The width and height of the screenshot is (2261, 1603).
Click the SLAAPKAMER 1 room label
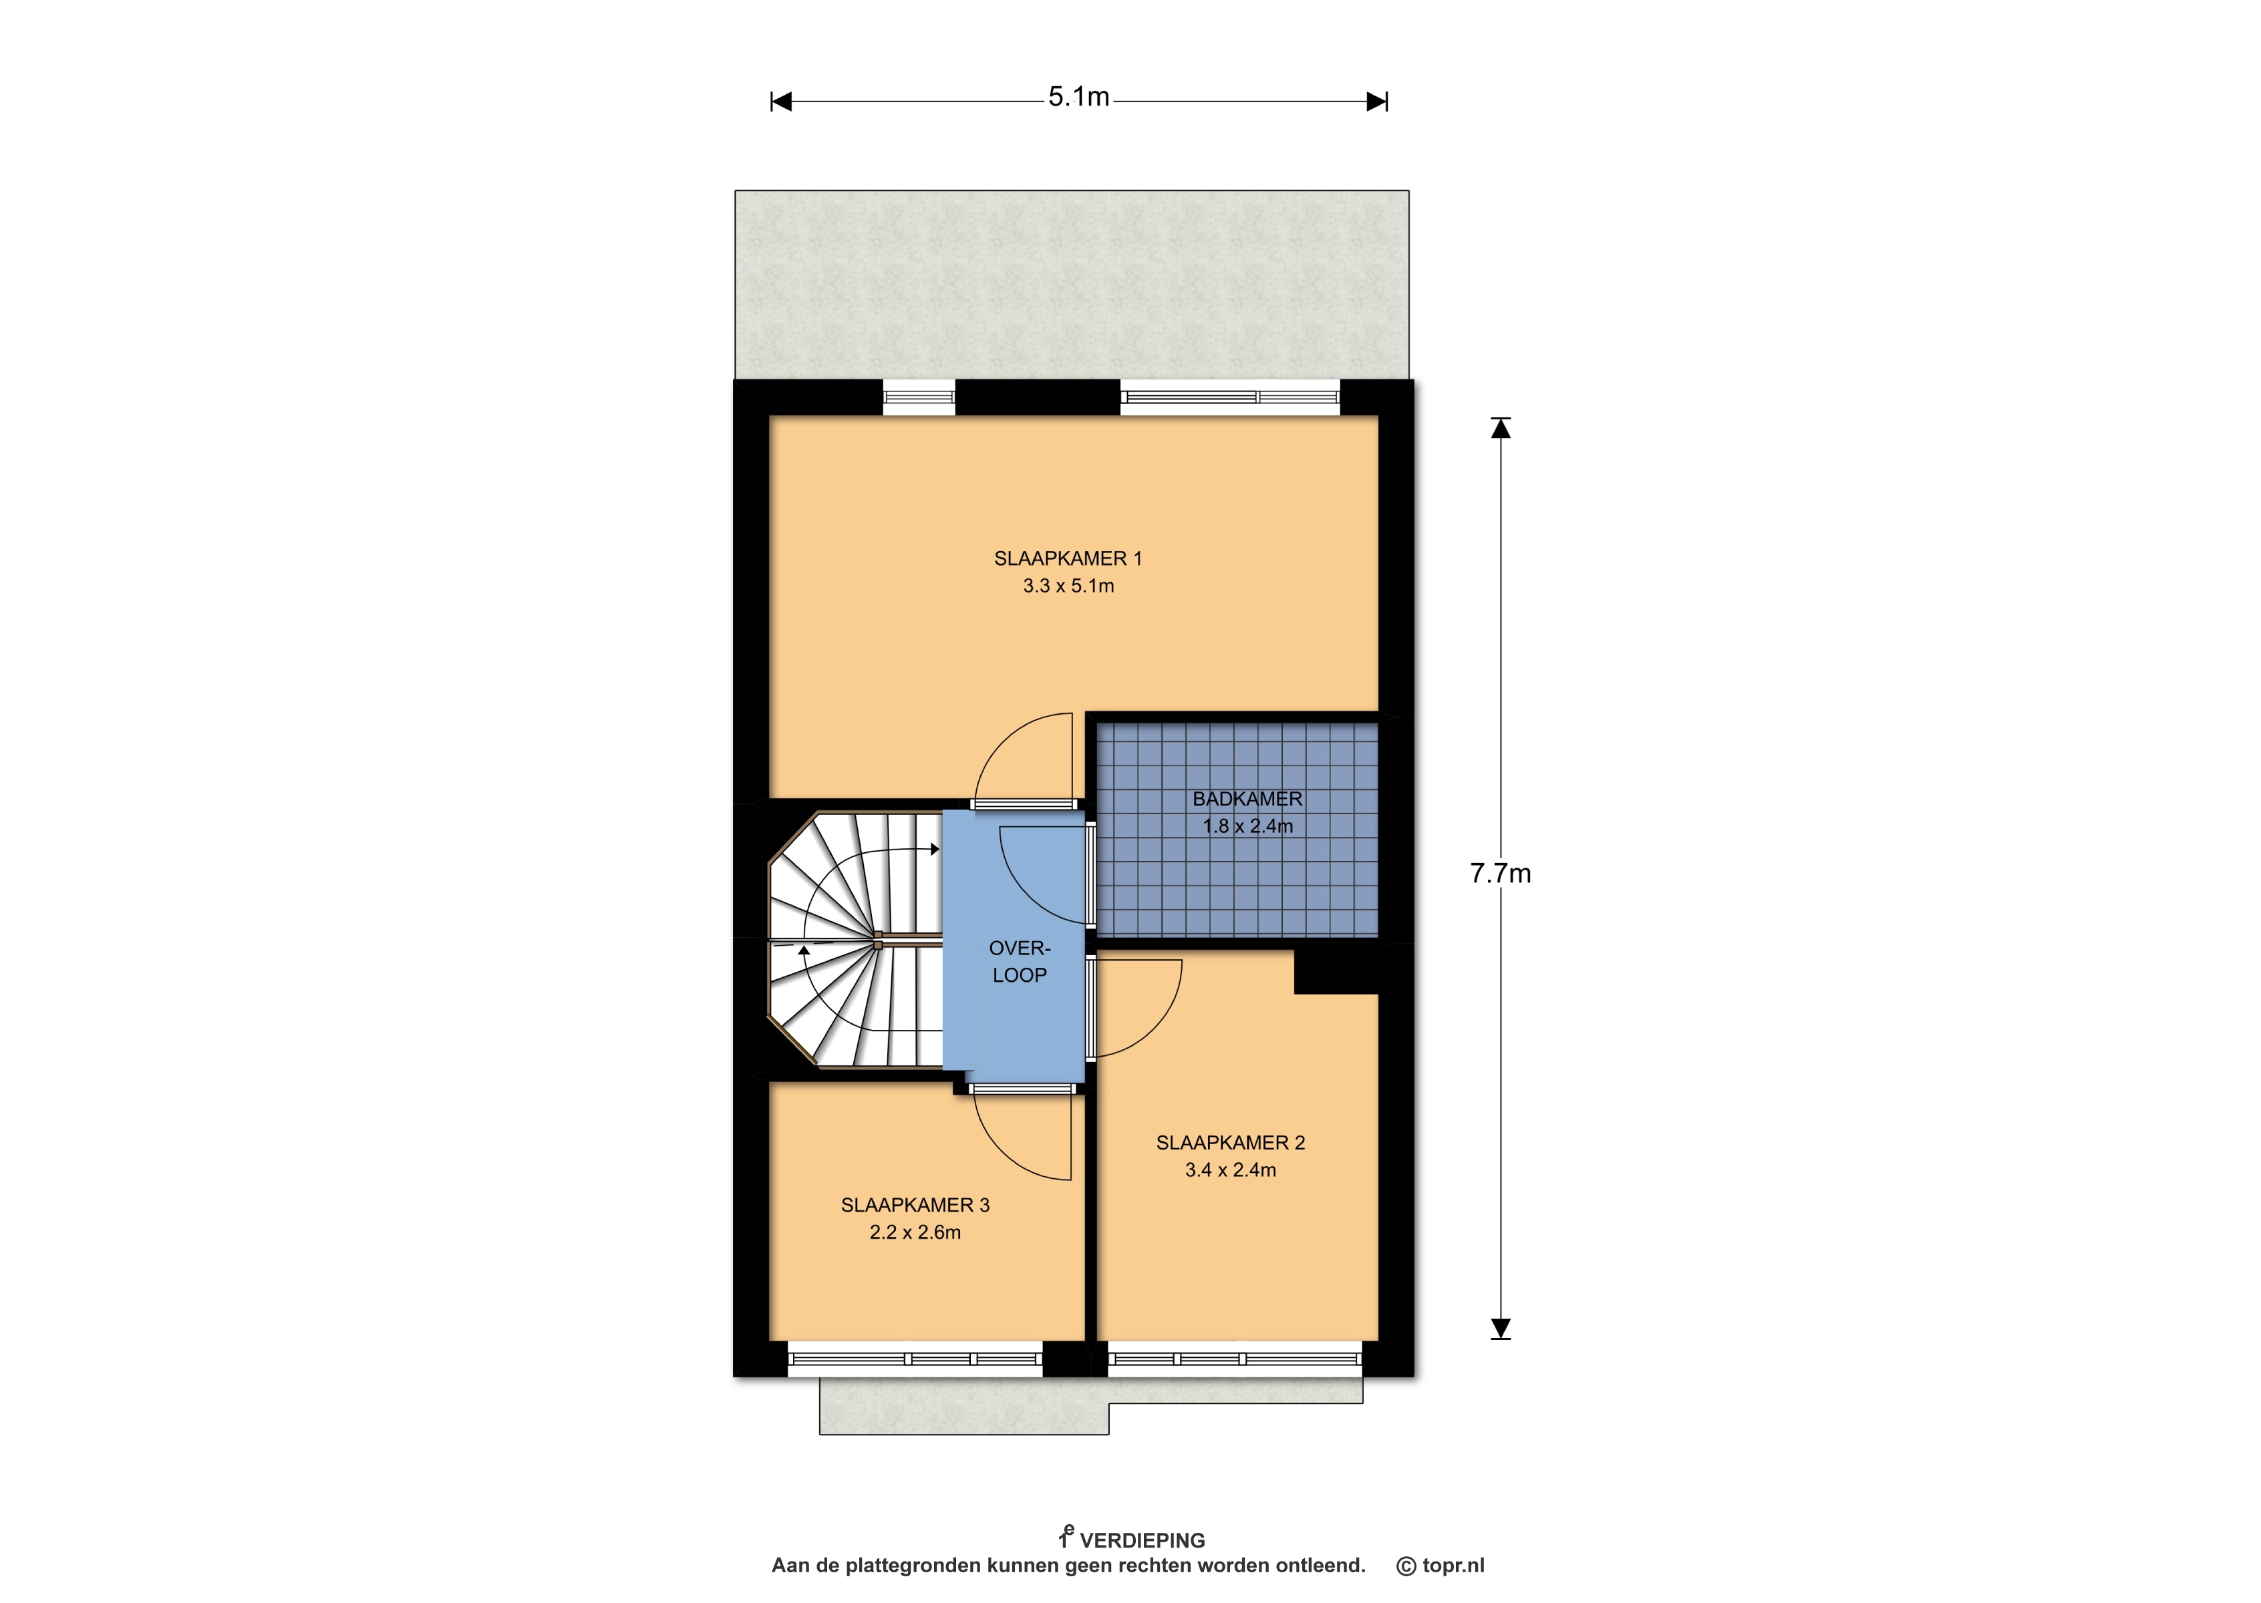coord(1067,558)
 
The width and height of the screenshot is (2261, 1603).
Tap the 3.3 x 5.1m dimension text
coord(1068,586)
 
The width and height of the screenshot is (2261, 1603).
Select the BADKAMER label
coord(1247,799)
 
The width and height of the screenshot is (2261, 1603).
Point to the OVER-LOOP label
coord(1020,961)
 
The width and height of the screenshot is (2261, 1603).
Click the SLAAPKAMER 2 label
coord(1230,1143)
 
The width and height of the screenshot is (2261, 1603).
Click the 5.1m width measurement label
coord(1078,97)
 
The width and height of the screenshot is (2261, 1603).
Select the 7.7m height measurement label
coord(1500,874)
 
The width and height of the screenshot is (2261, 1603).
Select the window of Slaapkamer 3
coord(915,1359)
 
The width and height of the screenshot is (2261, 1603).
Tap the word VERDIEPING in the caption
coord(1143,1541)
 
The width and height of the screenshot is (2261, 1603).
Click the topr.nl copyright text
coord(1441,1566)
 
